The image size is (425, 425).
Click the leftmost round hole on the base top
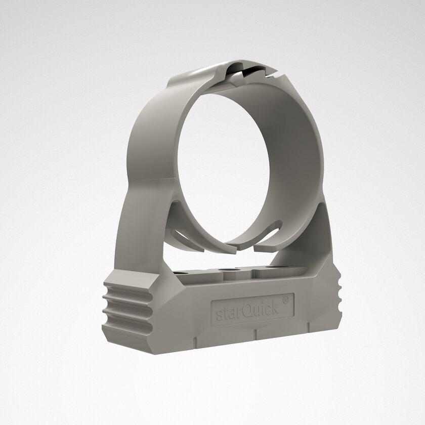point(179,273)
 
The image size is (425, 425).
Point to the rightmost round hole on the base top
point(272,268)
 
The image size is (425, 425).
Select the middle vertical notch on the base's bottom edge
point(254,333)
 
